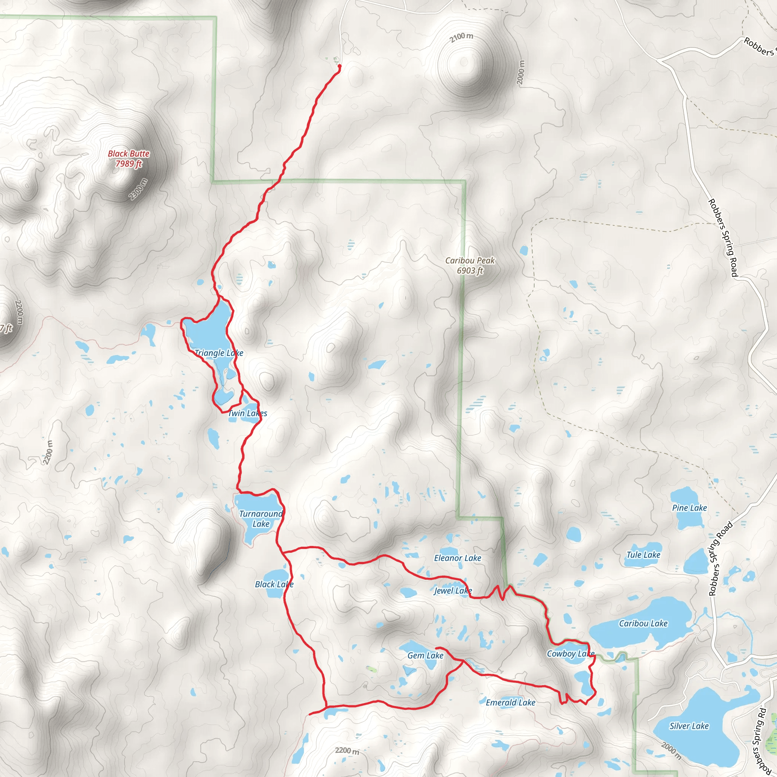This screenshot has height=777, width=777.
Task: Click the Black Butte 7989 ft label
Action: (129, 159)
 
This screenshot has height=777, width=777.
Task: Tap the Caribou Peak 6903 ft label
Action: (470, 266)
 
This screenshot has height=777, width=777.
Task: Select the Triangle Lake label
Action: (219, 353)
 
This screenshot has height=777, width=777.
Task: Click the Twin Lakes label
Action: (248, 413)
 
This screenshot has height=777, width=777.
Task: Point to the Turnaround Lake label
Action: (261, 519)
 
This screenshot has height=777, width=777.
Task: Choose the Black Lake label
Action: (274, 584)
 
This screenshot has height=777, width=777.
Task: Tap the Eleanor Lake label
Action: (457, 558)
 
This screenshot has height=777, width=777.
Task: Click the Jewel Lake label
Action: (453, 590)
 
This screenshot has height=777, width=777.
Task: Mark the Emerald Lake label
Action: (510, 703)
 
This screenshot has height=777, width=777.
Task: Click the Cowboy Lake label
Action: (570, 654)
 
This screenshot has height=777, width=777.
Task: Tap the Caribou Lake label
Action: (643, 623)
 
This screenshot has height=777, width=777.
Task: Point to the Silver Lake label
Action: (689, 726)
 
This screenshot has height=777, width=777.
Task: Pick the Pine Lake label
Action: (689, 508)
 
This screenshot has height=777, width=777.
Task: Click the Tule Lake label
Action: (643, 555)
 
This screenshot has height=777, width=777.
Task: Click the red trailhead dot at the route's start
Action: (340, 66)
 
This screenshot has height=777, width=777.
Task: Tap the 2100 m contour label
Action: (461, 37)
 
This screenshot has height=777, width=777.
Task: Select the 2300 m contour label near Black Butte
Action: (138, 189)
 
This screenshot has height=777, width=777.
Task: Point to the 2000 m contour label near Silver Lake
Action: (671, 751)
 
